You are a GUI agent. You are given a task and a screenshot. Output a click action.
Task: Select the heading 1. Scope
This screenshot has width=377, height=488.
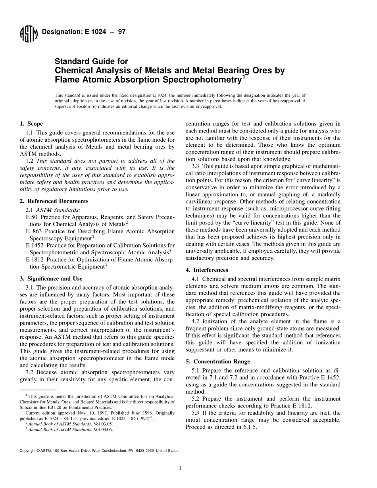[x=31, y=124]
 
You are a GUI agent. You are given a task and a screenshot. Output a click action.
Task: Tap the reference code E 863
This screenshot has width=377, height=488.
[x=33, y=231]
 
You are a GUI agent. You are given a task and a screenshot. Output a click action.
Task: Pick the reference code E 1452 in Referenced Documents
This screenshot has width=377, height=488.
[x=35, y=246]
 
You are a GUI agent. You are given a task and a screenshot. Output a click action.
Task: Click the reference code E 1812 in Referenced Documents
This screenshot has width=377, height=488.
[x=35, y=260]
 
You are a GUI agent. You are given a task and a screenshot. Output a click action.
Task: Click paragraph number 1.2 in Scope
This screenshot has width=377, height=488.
[x=30, y=161]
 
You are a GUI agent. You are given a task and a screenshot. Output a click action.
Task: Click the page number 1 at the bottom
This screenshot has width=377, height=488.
[x=180, y=468]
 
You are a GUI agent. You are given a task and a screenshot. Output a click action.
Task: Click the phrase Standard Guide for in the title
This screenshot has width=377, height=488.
[x=91, y=61]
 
